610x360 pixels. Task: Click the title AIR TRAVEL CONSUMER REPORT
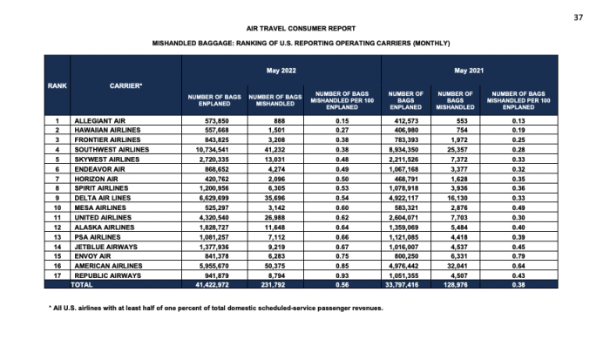point(304,28)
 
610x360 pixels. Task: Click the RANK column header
point(58,85)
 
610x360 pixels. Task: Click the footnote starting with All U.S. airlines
point(217,309)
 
